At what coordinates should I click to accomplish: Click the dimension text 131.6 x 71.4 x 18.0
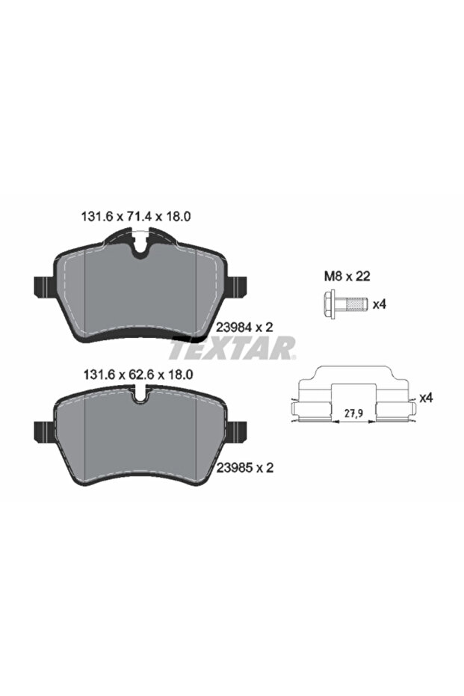[136, 216]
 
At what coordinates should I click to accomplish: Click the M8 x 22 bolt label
[347, 276]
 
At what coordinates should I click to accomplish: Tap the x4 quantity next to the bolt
[379, 304]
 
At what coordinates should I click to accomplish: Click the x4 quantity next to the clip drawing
[426, 398]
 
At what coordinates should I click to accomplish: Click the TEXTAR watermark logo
[232, 348]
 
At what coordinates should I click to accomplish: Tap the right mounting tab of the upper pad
[237, 287]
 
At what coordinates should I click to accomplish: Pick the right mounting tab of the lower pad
[237, 431]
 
